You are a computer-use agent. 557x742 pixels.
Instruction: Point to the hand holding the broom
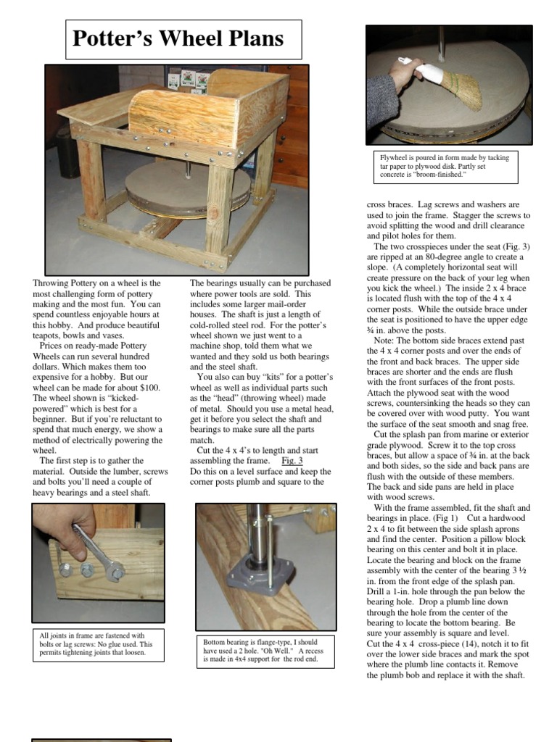coord(405,72)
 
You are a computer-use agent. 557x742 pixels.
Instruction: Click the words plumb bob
coord(410,675)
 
